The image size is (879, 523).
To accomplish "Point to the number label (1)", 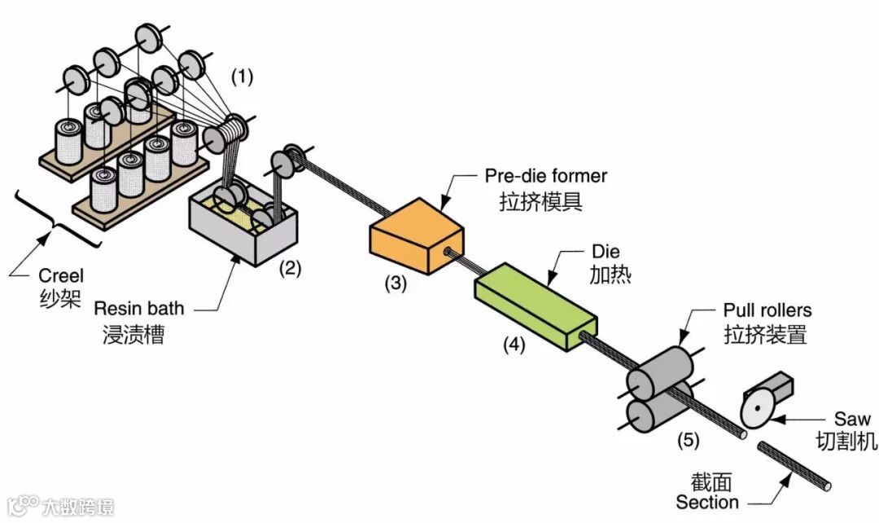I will [243, 77].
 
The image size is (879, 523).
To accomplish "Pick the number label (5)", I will [688, 441].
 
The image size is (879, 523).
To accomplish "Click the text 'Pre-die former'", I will [545, 174].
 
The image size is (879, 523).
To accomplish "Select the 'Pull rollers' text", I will [767, 310].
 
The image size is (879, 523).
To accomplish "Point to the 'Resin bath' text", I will [139, 308].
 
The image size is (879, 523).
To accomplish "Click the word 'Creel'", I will [60, 275].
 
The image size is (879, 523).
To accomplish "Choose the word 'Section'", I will [706, 502].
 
